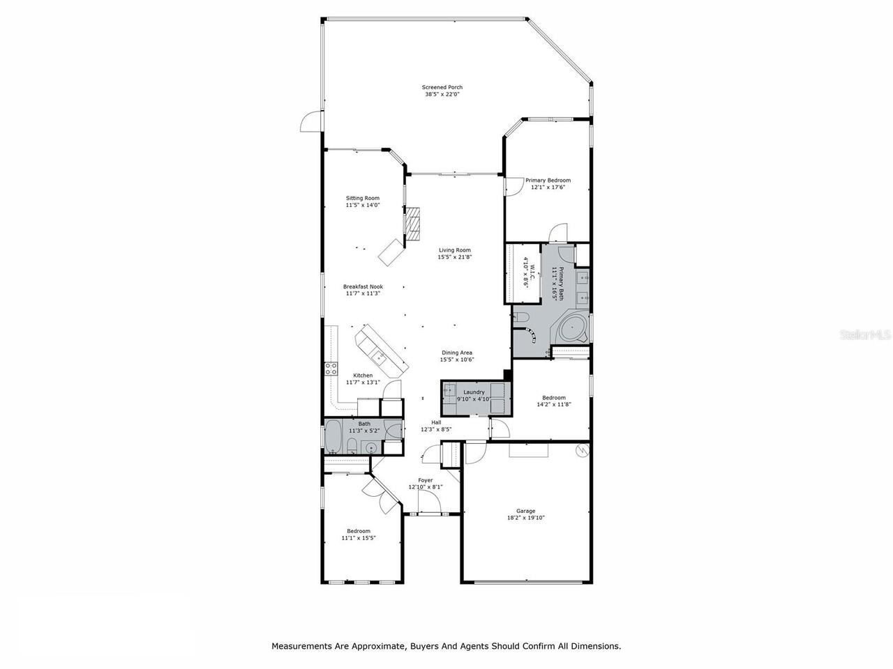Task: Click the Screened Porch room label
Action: (x=442, y=87)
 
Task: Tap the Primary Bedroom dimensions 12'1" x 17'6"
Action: (x=548, y=187)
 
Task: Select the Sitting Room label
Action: (x=363, y=198)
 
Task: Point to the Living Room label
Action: (x=454, y=250)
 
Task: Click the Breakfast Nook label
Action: (x=363, y=286)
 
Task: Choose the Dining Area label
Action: (x=456, y=353)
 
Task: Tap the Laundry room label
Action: (x=474, y=392)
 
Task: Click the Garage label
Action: (x=525, y=511)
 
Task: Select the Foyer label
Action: (x=425, y=480)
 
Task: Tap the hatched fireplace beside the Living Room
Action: (x=414, y=223)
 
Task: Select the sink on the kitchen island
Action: (x=380, y=357)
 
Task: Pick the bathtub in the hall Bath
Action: (x=333, y=437)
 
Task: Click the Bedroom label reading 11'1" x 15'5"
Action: (x=359, y=531)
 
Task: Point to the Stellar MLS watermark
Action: (x=865, y=335)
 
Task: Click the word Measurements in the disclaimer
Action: (x=301, y=646)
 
